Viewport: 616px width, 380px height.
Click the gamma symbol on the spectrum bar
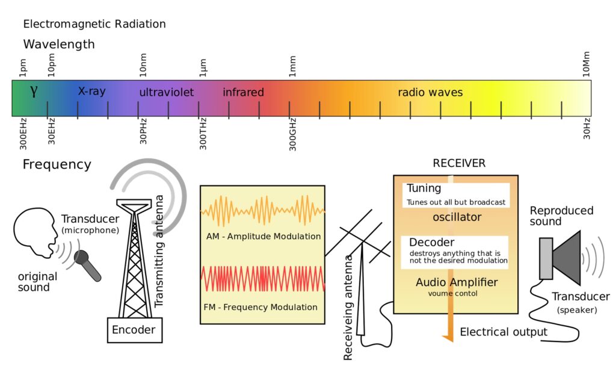[34, 92]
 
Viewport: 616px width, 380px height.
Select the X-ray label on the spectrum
[91, 92]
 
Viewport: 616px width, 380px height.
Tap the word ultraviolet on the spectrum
[167, 93]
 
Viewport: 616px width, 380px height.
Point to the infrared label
[243, 93]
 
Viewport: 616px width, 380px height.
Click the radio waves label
[430, 93]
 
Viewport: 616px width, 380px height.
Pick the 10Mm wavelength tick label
[586, 64]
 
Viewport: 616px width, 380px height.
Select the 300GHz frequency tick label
[293, 133]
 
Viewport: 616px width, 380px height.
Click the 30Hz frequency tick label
[587, 129]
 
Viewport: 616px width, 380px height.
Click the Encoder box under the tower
[134, 329]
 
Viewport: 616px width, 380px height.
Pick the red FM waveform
[262, 279]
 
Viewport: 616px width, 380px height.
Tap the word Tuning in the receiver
[423, 188]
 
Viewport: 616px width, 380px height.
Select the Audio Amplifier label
[457, 282]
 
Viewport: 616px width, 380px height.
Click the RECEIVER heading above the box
[459, 164]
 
